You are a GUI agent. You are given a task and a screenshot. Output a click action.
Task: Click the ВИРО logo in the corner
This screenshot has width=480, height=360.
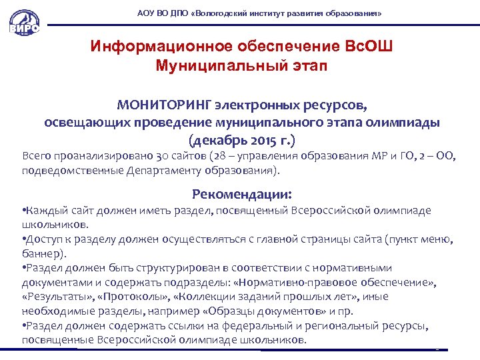pos(24,25)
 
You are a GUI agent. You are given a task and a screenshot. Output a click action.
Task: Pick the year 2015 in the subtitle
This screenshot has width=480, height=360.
pos(254,141)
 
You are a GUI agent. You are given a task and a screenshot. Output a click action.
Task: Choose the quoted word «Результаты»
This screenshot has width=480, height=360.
pos(53,297)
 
